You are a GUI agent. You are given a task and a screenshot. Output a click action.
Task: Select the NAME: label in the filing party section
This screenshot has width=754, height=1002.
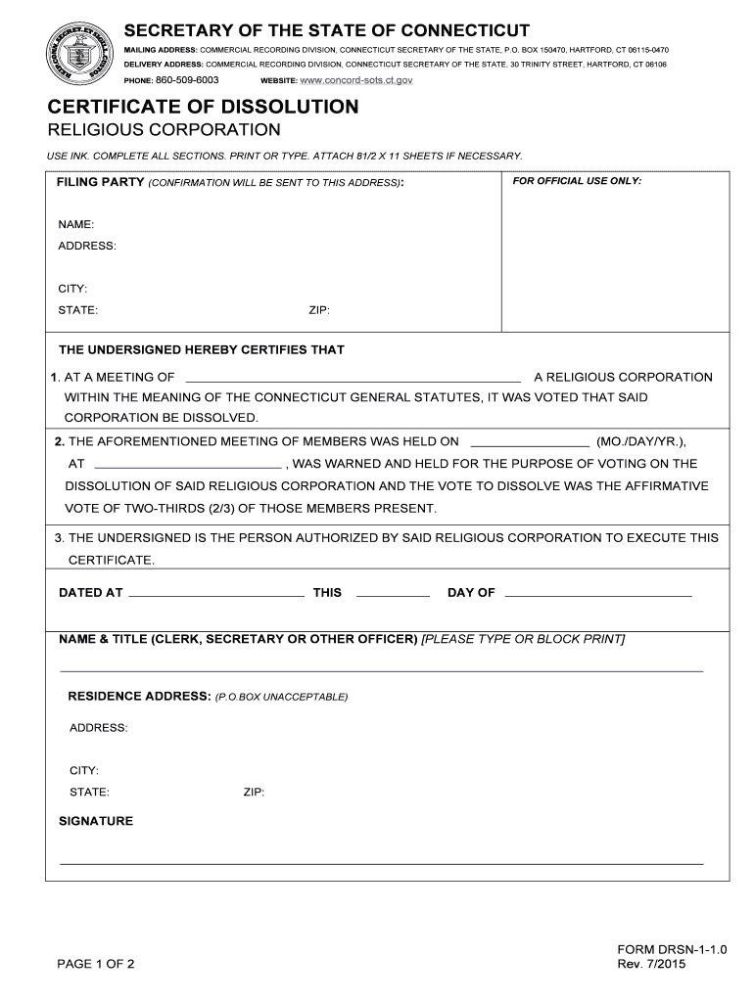click(x=76, y=225)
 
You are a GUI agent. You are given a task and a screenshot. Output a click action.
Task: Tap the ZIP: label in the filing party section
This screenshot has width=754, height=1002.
click(x=319, y=310)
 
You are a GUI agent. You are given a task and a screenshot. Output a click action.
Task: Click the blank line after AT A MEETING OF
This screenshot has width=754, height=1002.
click(x=353, y=378)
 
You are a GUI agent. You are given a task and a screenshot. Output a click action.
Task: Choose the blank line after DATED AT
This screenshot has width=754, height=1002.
click(x=216, y=594)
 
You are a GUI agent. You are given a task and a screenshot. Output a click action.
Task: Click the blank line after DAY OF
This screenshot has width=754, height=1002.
click(x=597, y=594)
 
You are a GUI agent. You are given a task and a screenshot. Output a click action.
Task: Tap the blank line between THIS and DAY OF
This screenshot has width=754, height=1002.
click(x=393, y=594)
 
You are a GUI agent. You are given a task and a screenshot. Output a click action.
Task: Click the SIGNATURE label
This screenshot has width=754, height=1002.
click(x=96, y=821)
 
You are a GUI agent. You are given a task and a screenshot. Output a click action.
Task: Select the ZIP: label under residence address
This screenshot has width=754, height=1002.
click(x=254, y=793)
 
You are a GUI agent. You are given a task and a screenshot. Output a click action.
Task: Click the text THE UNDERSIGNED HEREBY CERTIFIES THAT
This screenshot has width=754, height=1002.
click(x=202, y=349)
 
